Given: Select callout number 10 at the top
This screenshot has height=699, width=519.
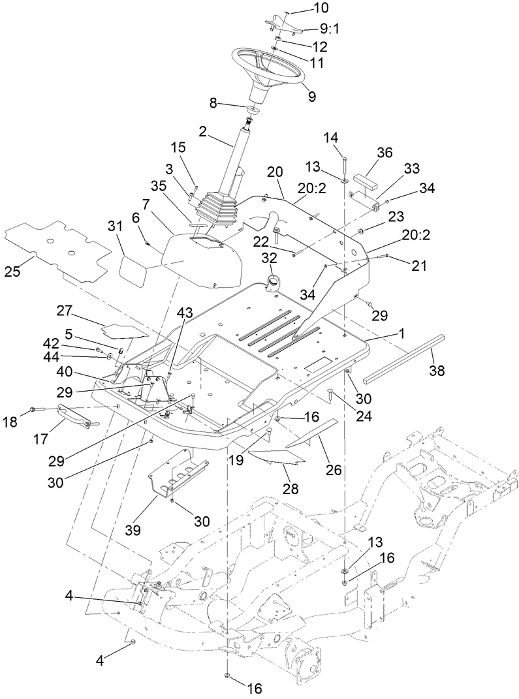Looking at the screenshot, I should pyautogui.click(x=304, y=8).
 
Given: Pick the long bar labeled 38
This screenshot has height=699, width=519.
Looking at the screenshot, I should pyautogui.click(x=405, y=357).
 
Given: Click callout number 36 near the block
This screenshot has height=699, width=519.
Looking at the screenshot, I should pyautogui.click(x=385, y=151).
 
